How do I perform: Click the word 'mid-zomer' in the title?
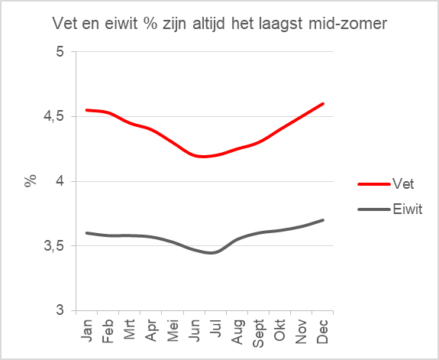coord(347,24)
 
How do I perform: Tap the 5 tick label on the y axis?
coord(60,51)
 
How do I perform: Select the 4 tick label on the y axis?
coord(60,181)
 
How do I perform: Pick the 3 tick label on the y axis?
coord(60,310)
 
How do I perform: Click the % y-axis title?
coord(31,181)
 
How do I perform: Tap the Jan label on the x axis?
coord(87,330)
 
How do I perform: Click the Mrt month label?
coord(129,329)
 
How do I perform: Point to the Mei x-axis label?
coord(173,330)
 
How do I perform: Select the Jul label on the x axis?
coord(215,328)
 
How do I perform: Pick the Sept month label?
coord(258,333)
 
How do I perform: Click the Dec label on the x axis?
coord(322,331)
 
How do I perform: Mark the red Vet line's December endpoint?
coord(323,104)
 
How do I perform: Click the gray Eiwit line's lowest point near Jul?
coord(211,253)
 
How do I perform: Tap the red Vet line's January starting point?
coord(87,110)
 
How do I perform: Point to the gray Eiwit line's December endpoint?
coord(323,220)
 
